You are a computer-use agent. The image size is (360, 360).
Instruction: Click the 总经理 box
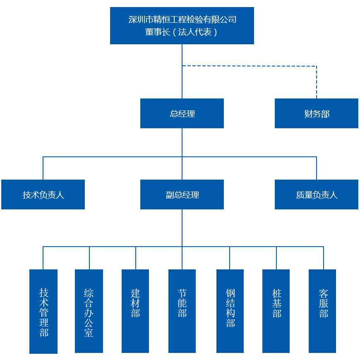(x=182, y=113)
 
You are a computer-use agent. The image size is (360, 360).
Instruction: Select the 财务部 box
(x=317, y=113)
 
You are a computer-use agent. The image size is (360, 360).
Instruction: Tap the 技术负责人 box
(x=43, y=194)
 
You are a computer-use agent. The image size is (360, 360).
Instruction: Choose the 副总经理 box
(x=182, y=194)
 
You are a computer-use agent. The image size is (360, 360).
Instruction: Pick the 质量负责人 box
(x=317, y=194)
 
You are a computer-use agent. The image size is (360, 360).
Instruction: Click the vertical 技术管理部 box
(x=43, y=311)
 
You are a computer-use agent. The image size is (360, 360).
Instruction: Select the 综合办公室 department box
(x=89, y=311)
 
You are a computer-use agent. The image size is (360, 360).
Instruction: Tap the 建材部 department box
(x=135, y=311)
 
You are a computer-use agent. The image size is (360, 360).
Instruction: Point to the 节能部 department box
(x=182, y=311)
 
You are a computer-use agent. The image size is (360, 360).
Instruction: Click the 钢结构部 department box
(x=230, y=311)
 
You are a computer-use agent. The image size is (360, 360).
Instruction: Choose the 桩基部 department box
(x=276, y=311)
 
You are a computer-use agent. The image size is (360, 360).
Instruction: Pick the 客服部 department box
(x=322, y=311)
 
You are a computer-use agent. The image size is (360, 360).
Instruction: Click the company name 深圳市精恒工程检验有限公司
(x=182, y=19)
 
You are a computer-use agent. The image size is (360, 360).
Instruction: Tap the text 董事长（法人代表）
(x=182, y=32)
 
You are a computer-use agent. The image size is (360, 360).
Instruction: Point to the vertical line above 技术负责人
(x=43, y=168)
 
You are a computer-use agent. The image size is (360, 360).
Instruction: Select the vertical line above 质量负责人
(x=317, y=168)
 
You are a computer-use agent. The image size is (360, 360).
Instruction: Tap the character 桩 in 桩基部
(x=277, y=294)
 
